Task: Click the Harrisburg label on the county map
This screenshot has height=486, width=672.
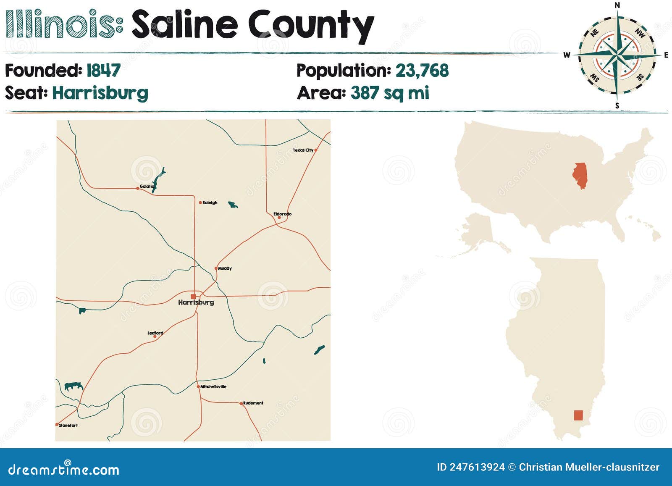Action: tap(196, 302)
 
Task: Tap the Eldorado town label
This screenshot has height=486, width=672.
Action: tap(282, 214)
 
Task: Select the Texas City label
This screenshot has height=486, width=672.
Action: tap(303, 150)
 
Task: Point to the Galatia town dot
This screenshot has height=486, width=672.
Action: tap(138, 188)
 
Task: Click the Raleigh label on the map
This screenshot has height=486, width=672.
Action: tap(210, 202)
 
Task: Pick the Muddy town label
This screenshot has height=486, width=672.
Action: tap(225, 268)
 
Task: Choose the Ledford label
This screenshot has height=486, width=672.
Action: tap(155, 333)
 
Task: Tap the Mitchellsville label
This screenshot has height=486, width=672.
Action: tap(213, 386)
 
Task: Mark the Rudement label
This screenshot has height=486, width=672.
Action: tap(253, 403)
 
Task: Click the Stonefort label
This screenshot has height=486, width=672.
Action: tap(68, 425)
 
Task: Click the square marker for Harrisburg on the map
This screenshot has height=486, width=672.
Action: tap(193, 296)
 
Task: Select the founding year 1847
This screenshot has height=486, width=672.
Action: tap(103, 71)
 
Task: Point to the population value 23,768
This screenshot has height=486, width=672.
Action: tap(422, 71)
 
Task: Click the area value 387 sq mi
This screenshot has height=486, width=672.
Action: tap(390, 93)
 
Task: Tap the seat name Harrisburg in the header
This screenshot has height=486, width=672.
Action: tap(100, 93)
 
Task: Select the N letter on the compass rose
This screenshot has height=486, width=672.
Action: tap(617, 5)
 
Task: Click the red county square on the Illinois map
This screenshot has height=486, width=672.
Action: tap(578, 415)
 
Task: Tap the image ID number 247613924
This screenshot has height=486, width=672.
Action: tap(477, 467)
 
